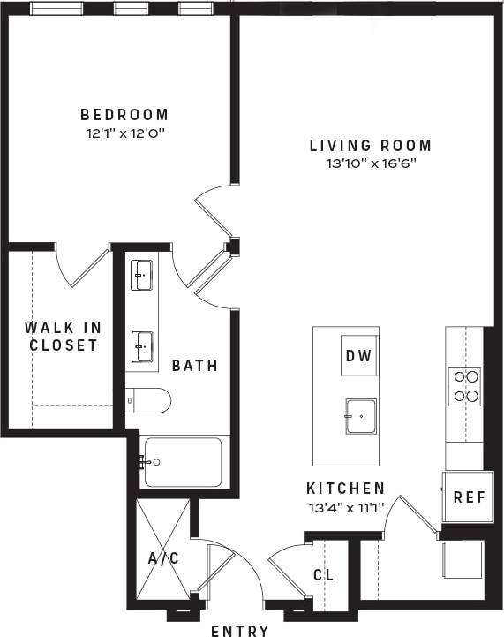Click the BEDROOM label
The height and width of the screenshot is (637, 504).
click(x=124, y=115)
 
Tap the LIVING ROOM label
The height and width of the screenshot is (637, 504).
click(x=371, y=145)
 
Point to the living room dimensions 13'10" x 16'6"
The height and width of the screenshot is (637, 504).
click(x=371, y=163)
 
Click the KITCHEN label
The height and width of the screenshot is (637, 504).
click(x=345, y=488)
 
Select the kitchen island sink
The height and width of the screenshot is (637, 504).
click(x=360, y=415)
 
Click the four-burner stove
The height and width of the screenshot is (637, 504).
click(x=465, y=386)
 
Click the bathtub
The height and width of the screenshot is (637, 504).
click(x=182, y=461)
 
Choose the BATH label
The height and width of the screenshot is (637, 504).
click(x=194, y=365)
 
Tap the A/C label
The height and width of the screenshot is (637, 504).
click(x=163, y=557)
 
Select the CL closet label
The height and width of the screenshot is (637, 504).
click(x=323, y=575)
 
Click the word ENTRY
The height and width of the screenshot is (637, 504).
click(x=240, y=630)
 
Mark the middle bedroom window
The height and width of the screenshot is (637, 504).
click(x=130, y=9)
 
